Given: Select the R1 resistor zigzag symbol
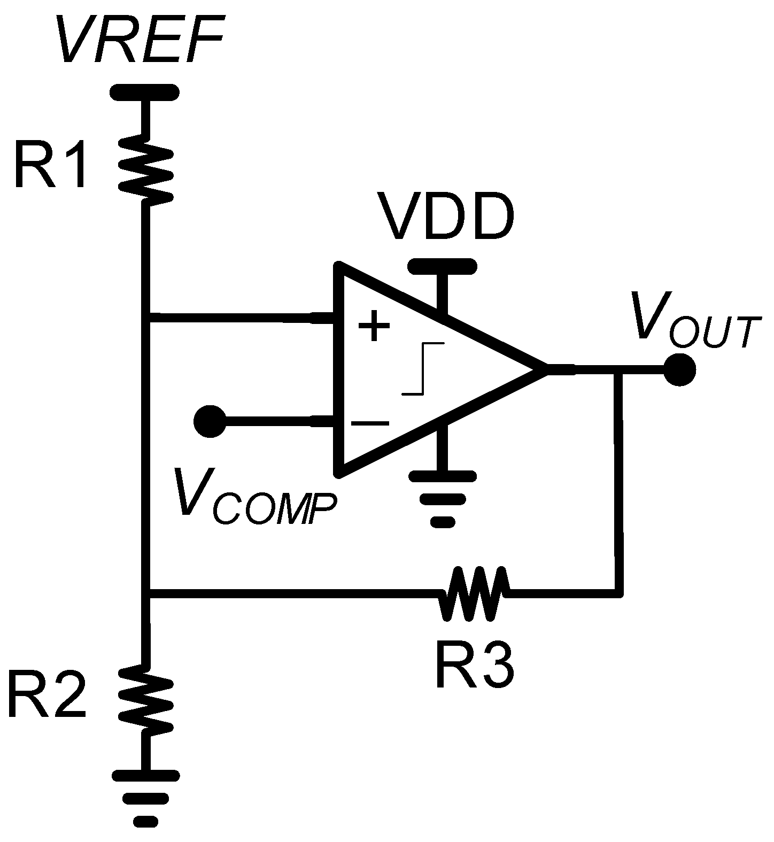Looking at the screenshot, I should click(146, 170).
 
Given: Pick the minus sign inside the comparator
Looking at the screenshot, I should click(370, 423).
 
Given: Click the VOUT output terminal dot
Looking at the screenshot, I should click(679, 369).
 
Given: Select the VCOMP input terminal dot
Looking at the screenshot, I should click(209, 421).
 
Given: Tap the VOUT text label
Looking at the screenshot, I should click(695, 321).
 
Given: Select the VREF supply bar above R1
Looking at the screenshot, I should click(144, 92).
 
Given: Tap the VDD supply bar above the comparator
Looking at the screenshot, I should click(442, 265).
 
